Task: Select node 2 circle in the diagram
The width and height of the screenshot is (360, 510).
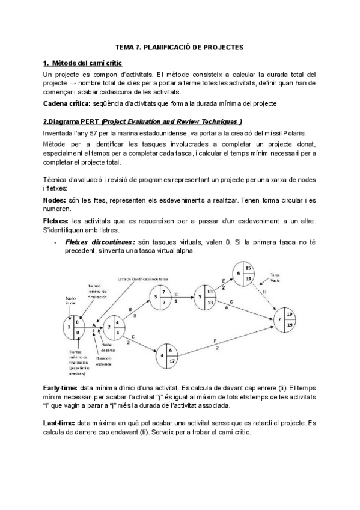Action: click(x=114, y=328)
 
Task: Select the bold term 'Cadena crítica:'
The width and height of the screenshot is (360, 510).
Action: click(x=64, y=103)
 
